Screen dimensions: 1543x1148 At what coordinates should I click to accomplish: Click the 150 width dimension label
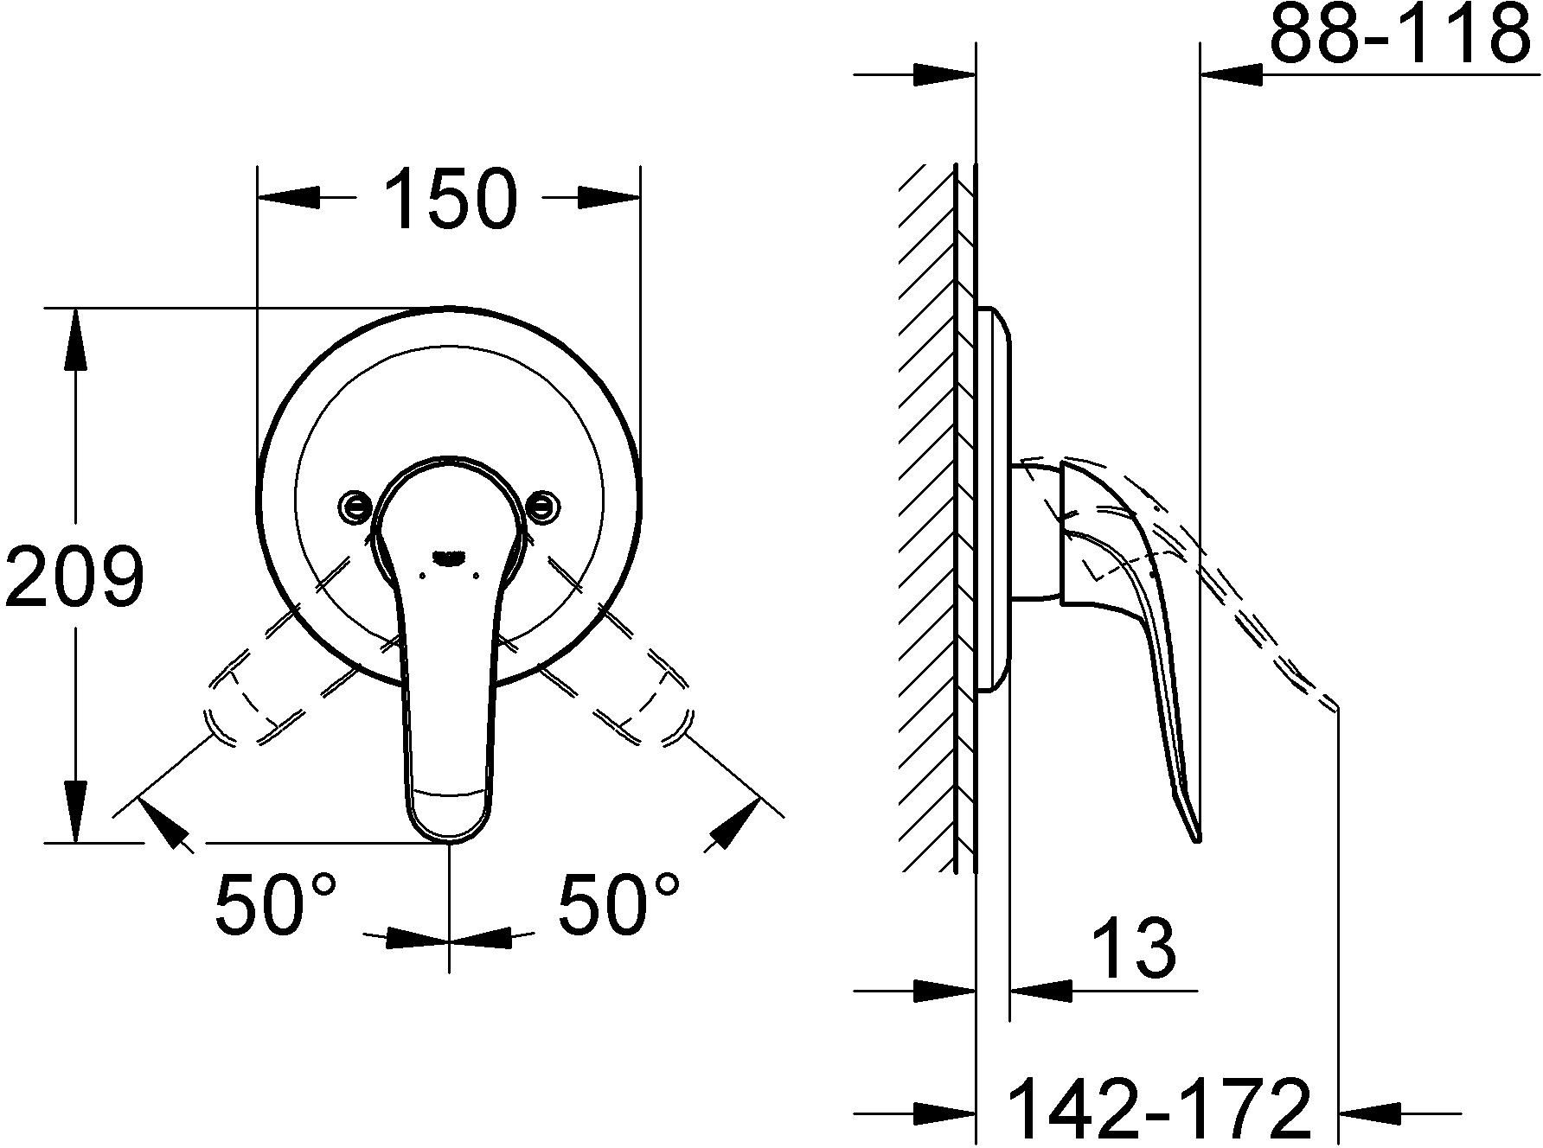coord(450,200)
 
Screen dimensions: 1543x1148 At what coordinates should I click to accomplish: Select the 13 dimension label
coord(1133,947)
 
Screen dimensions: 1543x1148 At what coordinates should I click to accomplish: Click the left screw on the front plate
coord(355,506)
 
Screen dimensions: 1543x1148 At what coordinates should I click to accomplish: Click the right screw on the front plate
coord(542,506)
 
